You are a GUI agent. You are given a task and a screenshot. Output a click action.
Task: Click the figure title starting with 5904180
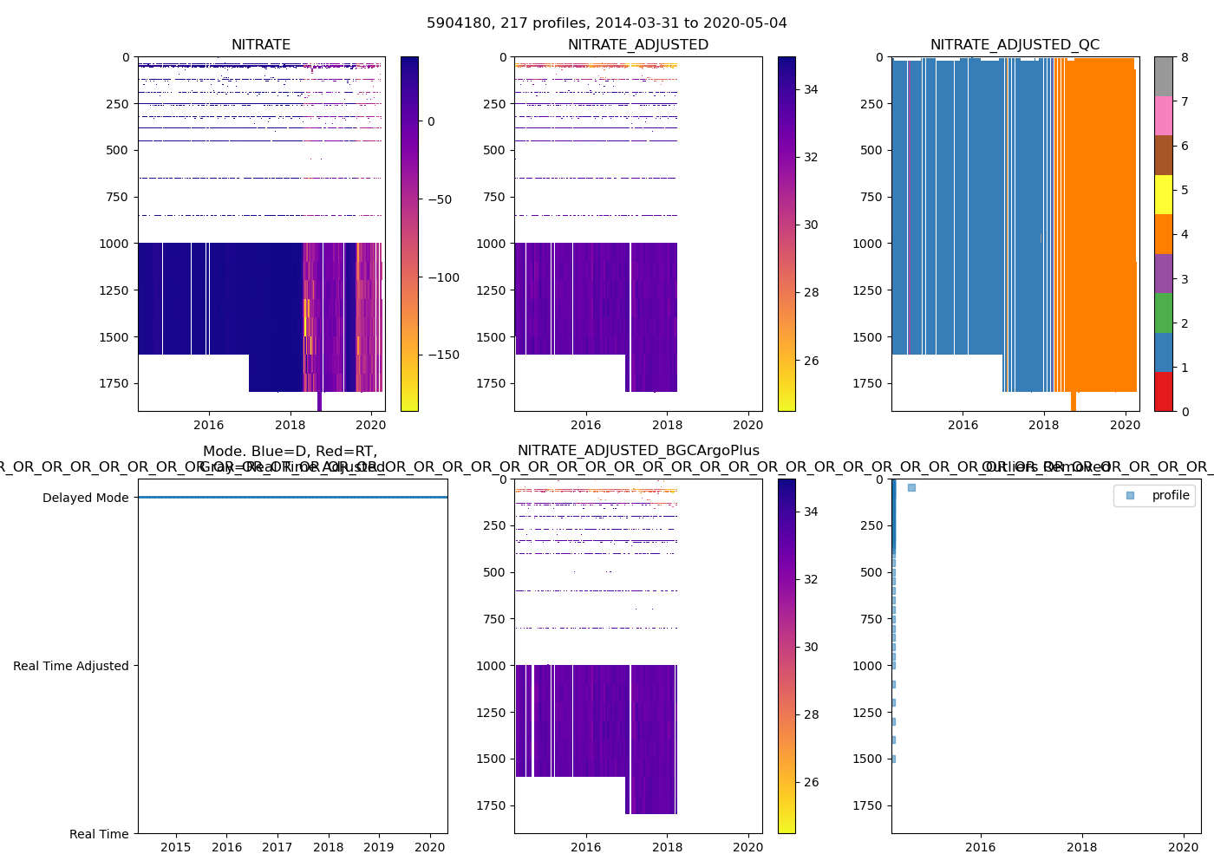coord(606,23)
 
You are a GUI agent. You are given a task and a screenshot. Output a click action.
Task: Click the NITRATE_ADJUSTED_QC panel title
coord(1015,45)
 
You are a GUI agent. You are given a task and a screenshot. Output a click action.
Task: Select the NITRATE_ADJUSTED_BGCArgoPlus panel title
coord(638,451)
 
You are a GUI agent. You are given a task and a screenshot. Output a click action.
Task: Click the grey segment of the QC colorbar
coord(1163,76)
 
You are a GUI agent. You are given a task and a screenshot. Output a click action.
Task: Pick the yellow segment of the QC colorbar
coord(1163,194)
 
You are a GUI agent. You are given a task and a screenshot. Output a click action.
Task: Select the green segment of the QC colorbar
coord(1163,312)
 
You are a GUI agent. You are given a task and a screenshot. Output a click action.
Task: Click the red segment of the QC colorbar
coord(1163,391)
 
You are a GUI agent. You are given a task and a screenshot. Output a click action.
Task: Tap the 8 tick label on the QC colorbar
coord(1185,57)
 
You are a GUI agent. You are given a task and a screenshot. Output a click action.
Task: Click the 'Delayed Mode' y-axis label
coord(85,498)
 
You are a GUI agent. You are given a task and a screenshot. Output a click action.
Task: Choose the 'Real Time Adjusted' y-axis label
coord(70,666)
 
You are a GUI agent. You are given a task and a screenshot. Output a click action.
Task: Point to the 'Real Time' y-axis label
coord(99,834)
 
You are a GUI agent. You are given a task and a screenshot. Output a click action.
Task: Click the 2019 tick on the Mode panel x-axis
coord(379,847)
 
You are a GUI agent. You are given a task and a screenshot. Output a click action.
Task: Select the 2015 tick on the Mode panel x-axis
coord(176,847)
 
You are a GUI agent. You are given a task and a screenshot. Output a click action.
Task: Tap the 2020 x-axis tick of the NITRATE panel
coord(371,425)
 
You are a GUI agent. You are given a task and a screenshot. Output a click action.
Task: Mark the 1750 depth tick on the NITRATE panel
coord(114,383)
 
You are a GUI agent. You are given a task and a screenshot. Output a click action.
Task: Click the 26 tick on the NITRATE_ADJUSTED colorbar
coord(811,361)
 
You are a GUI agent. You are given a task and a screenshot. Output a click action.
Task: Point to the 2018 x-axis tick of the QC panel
coord(1044,425)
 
